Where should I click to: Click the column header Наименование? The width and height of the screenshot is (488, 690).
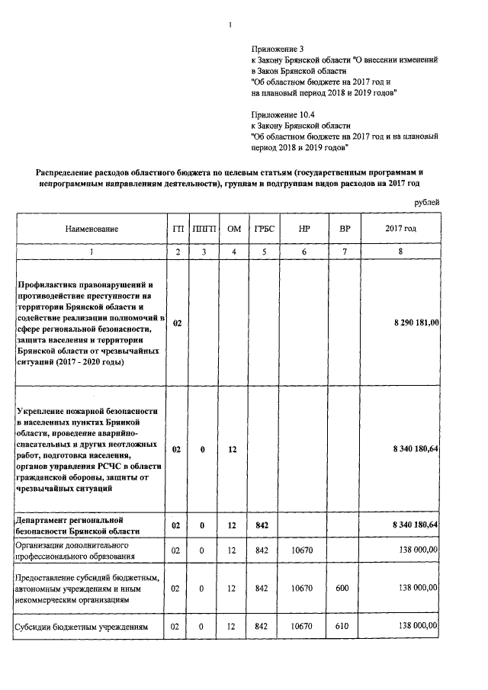[x=91, y=228]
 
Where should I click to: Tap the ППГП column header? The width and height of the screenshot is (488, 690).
[x=204, y=228]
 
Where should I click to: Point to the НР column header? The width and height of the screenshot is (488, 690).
[x=304, y=228]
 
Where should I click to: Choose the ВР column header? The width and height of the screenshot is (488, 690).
[x=344, y=228]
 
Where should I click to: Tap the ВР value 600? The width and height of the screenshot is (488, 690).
[x=344, y=588]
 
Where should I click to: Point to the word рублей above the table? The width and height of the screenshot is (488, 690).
[x=426, y=201]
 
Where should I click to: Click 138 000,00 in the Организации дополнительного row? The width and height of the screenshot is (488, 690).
[x=416, y=550]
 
